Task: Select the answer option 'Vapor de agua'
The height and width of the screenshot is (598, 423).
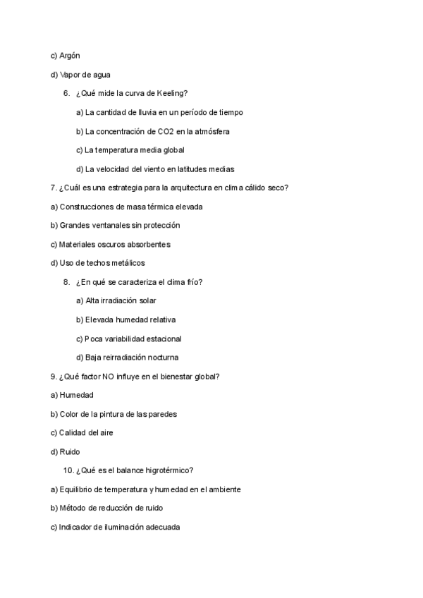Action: (x=80, y=74)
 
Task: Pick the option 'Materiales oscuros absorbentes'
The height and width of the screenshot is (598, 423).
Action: (x=111, y=244)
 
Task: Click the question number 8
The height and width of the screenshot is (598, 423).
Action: (x=66, y=282)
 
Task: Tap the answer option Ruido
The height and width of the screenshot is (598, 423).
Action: (x=70, y=451)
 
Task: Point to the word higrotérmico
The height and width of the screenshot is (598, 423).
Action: (x=168, y=470)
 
